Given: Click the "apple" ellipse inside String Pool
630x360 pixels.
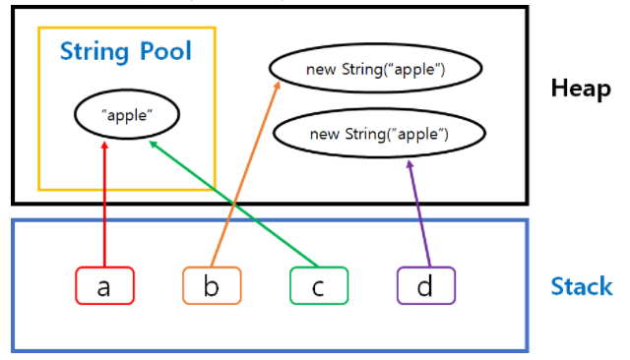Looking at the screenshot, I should point(126,116).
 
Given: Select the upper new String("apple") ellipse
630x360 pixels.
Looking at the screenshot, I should point(375,69).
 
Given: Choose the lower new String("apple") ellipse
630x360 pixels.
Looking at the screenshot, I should point(379,133).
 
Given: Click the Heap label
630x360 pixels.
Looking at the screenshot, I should point(582,90).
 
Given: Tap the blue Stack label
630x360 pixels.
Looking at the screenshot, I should point(581,287).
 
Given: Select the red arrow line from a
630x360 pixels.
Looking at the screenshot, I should point(104,207).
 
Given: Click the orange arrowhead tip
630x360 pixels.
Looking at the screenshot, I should point(278,83).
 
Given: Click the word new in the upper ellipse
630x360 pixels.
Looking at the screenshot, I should point(321,70).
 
